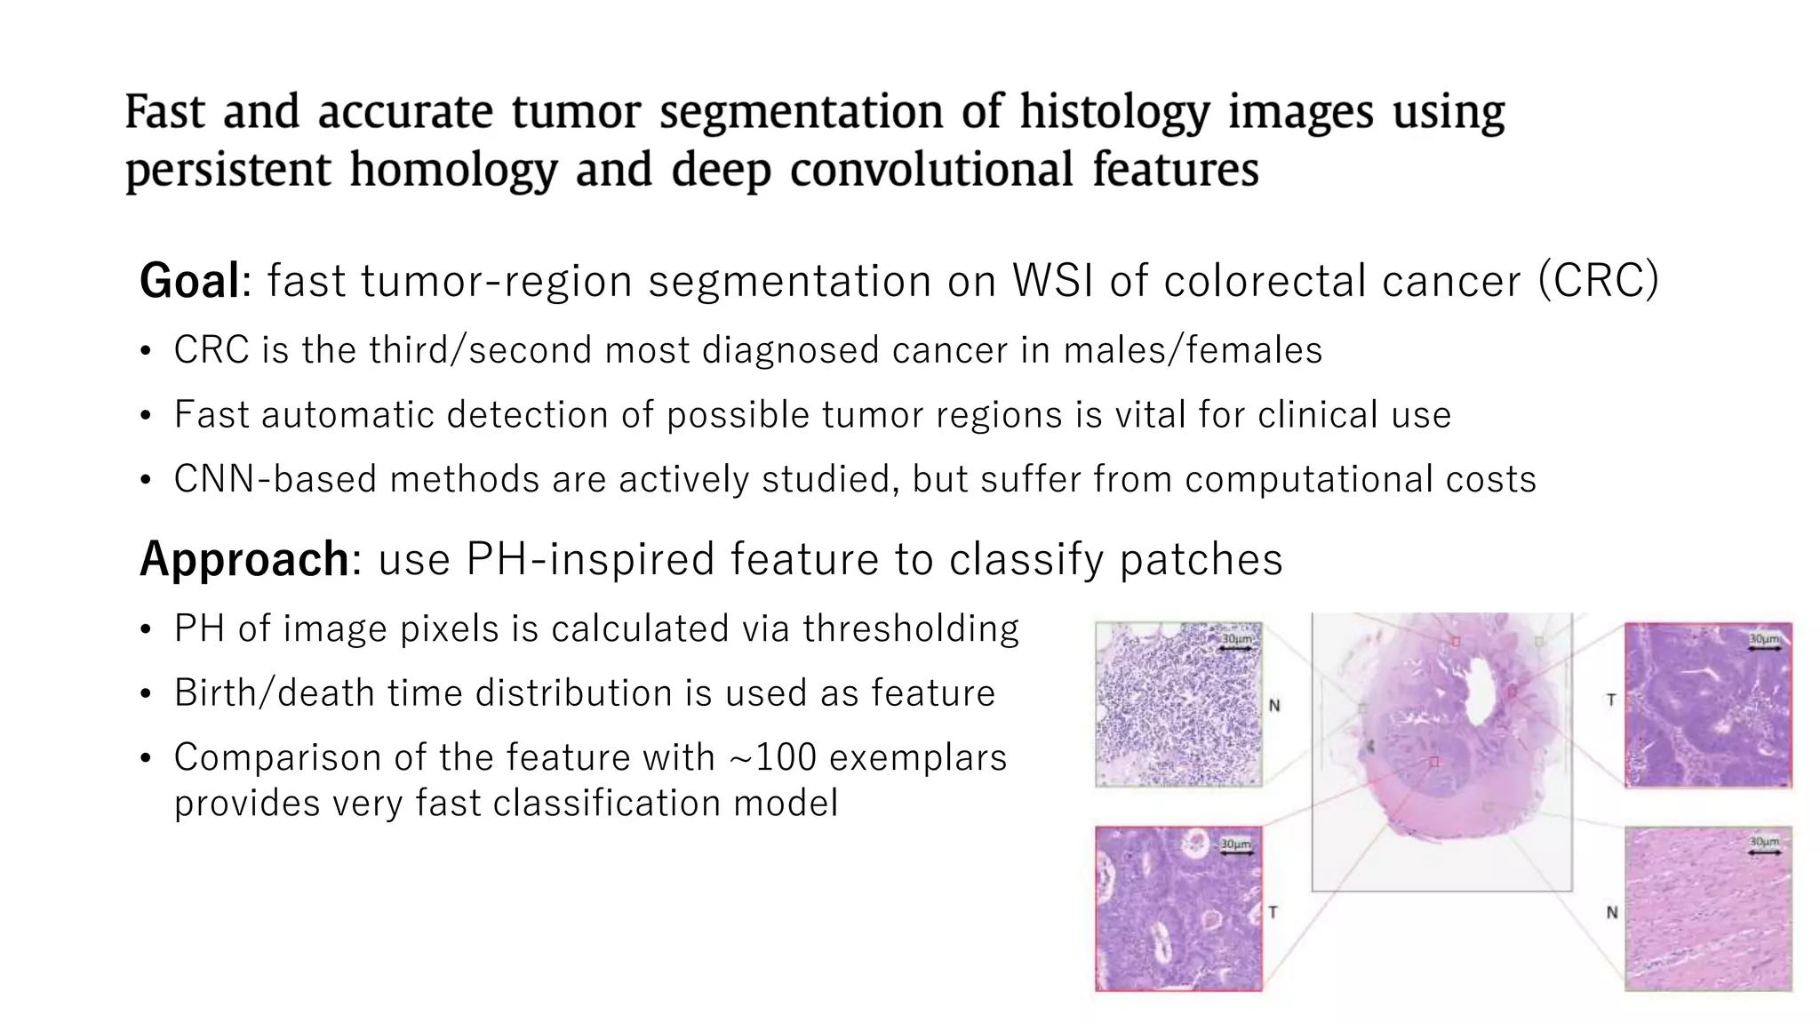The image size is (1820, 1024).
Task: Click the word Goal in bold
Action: tap(189, 281)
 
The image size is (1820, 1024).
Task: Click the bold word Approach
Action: tap(244, 559)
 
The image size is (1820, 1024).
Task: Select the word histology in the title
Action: tap(1114, 113)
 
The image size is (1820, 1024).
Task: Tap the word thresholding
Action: tap(910, 628)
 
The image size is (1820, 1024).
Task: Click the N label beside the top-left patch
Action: tap(1274, 706)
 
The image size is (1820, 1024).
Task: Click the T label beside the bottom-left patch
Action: tap(1273, 912)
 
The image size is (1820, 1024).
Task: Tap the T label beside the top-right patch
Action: tap(1610, 700)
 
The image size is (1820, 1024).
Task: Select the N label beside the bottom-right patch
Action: tap(1611, 912)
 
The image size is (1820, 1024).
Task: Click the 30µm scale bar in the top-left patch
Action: tap(1236, 644)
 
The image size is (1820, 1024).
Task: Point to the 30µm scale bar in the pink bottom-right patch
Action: tap(1764, 846)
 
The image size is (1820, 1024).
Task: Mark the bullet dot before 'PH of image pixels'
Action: tap(146, 630)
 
